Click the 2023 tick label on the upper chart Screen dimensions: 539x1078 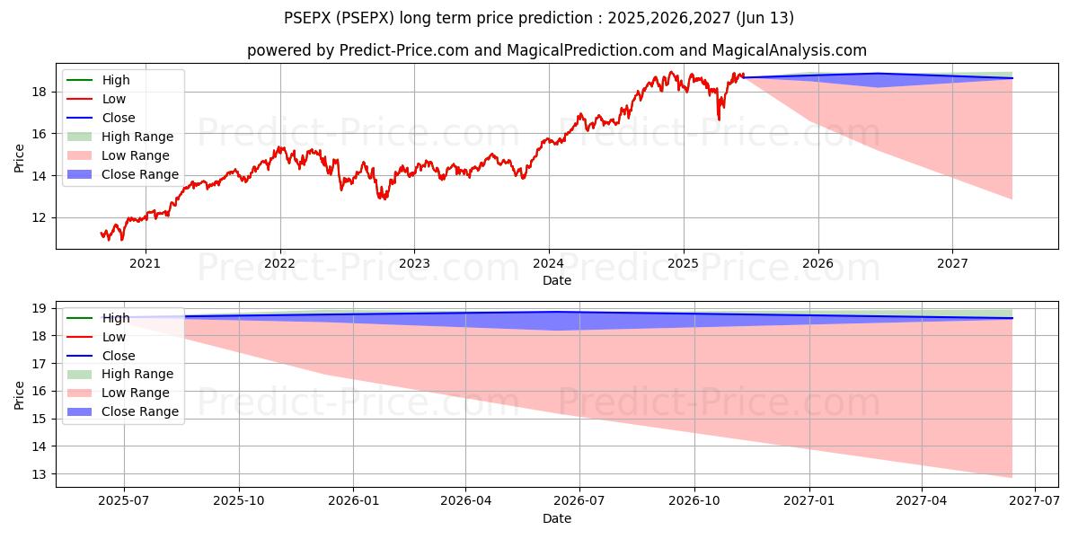pos(414,263)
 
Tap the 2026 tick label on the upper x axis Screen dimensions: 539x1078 pos(817,263)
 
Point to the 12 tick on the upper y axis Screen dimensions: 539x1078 pos(41,217)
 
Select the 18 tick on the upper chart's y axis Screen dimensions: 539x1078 pos(41,92)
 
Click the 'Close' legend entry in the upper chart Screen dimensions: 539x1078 pos(119,118)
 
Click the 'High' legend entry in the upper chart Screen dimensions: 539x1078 pos(116,80)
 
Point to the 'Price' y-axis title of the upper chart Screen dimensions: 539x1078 pos(20,158)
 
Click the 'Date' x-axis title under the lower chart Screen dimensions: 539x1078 pos(557,518)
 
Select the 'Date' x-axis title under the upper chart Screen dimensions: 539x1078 pos(557,280)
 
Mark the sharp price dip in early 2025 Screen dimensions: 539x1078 pos(718,119)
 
